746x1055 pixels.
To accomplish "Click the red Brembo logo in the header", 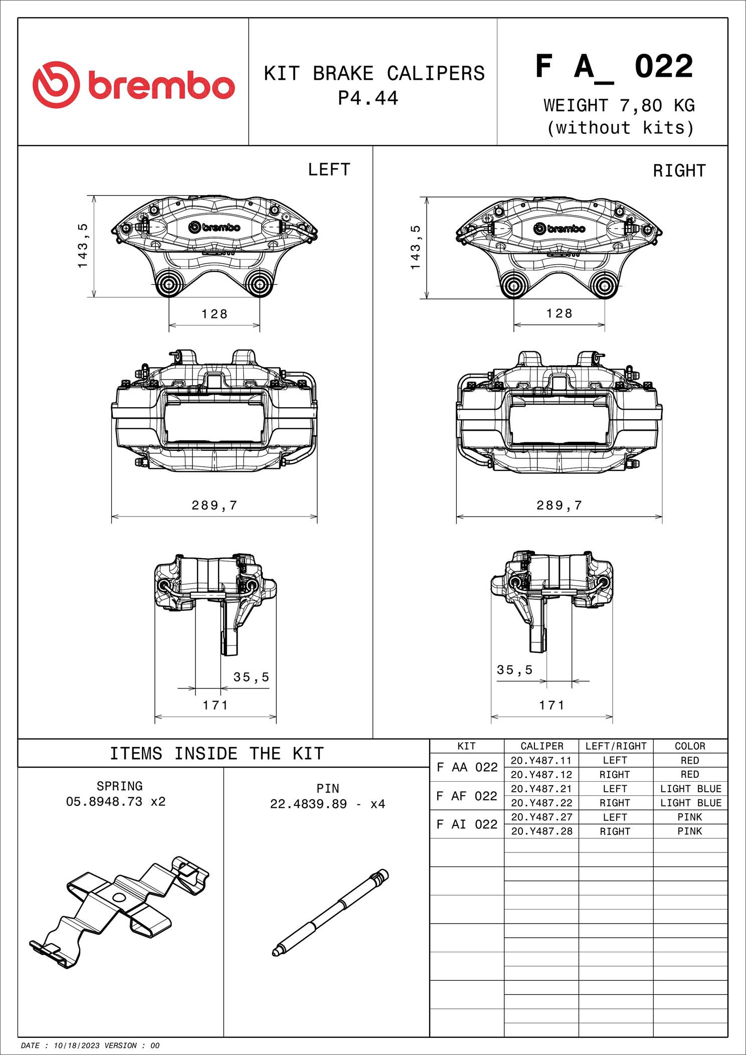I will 134,85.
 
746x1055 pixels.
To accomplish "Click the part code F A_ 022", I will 614,67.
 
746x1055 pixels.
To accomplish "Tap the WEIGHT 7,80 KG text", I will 619,105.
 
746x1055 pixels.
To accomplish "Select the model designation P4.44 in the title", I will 368,98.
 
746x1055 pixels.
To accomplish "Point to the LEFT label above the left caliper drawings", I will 329,169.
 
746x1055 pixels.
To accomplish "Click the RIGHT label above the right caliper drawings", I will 679,171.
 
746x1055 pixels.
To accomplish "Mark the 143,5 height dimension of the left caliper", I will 83,246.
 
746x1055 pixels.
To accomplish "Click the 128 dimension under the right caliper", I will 559,313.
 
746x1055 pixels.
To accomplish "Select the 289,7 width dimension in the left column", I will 214,505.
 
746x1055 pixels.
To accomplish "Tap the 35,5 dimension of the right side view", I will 514,670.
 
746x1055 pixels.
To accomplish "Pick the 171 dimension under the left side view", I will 216,705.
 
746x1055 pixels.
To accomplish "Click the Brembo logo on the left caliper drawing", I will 215,227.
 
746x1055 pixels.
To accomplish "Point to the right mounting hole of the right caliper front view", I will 604,286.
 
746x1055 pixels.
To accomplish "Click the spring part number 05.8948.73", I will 105,801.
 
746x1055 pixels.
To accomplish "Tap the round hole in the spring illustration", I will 119,897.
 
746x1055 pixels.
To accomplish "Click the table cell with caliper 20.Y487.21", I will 541,789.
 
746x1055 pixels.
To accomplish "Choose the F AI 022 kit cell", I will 467,824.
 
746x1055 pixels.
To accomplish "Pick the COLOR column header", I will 690,746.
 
